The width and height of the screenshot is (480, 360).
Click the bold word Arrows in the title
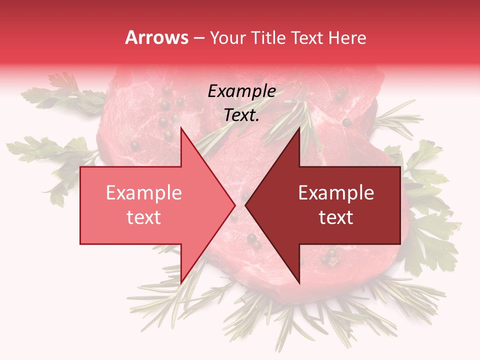[x=156, y=37]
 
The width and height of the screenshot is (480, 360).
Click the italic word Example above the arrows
[x=241, y=91]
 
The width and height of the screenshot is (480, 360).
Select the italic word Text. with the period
[x=241, y=115]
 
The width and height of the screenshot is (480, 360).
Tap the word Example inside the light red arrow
[x=143, y=193]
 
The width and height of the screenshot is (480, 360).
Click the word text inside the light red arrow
[x=143, y=217]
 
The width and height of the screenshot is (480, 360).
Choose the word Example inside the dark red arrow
[x=336, y=193]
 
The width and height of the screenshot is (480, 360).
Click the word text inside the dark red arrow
[x=336, y=217]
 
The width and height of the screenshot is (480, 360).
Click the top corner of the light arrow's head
[x=181, y=128]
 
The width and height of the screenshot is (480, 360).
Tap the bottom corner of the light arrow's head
[x=181, y=283]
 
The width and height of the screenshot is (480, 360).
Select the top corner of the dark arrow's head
[x=299, y=128]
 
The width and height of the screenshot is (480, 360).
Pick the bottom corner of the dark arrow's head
[x=299, y=283]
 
